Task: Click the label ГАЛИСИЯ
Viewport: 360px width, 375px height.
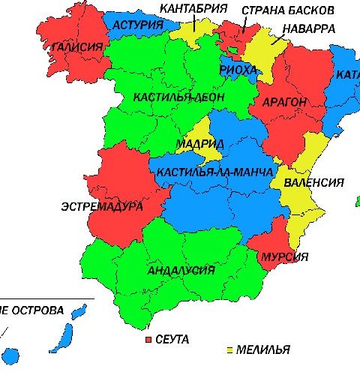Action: pos(77,46)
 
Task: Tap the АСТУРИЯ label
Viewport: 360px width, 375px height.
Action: pos(138,25)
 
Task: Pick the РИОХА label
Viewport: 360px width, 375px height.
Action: pos(238,69)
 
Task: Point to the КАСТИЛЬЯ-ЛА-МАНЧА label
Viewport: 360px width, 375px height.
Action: pos(214,172)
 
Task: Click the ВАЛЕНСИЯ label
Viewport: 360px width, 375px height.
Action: pos(313,182)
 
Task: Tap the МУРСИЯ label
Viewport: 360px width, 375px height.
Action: pos(284,257)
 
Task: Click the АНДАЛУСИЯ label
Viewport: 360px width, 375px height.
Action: pos(181,270)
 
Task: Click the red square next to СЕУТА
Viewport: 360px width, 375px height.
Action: pos(148,340)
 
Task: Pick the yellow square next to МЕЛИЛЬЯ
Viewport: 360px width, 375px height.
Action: pos(228,350)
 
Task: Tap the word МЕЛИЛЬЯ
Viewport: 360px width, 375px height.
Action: pos(262,350)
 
